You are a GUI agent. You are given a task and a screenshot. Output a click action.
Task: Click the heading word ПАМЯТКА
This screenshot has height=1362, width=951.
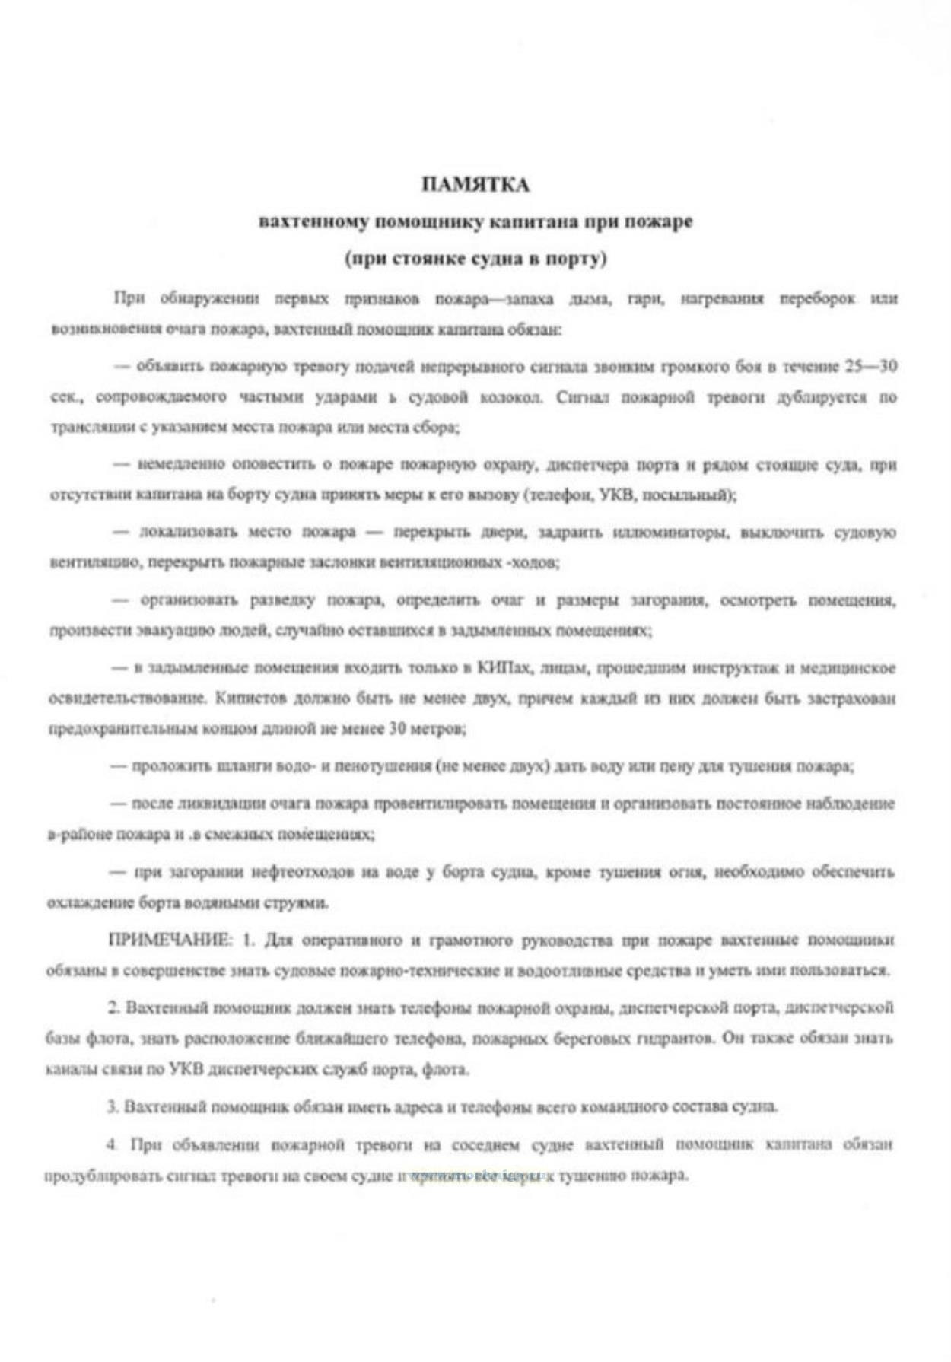pyautogui.click(x=475, y=185)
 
